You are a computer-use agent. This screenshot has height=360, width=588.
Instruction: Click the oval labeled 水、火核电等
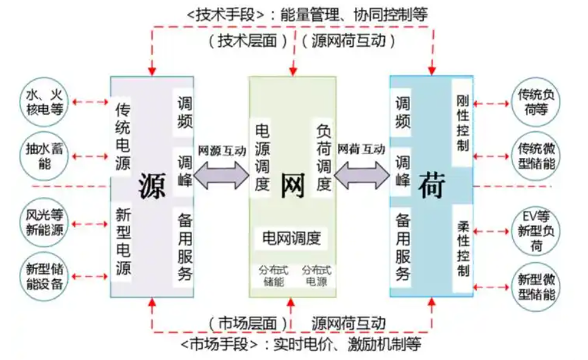[45, 101]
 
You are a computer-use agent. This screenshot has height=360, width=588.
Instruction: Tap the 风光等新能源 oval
[45, 222]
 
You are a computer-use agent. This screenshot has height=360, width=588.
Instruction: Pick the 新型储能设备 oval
[45, 276]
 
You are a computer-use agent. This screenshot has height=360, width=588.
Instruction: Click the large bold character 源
[152, 184]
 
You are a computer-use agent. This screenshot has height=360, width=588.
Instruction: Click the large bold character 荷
[432, 184]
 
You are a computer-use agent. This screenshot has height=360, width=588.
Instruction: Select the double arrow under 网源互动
[222, 173]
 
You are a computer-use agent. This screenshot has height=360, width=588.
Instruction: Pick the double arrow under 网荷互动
[362, 173]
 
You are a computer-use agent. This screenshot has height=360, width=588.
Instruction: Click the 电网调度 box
[292, 238]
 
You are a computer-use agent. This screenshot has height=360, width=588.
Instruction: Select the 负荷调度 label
[323, 157]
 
